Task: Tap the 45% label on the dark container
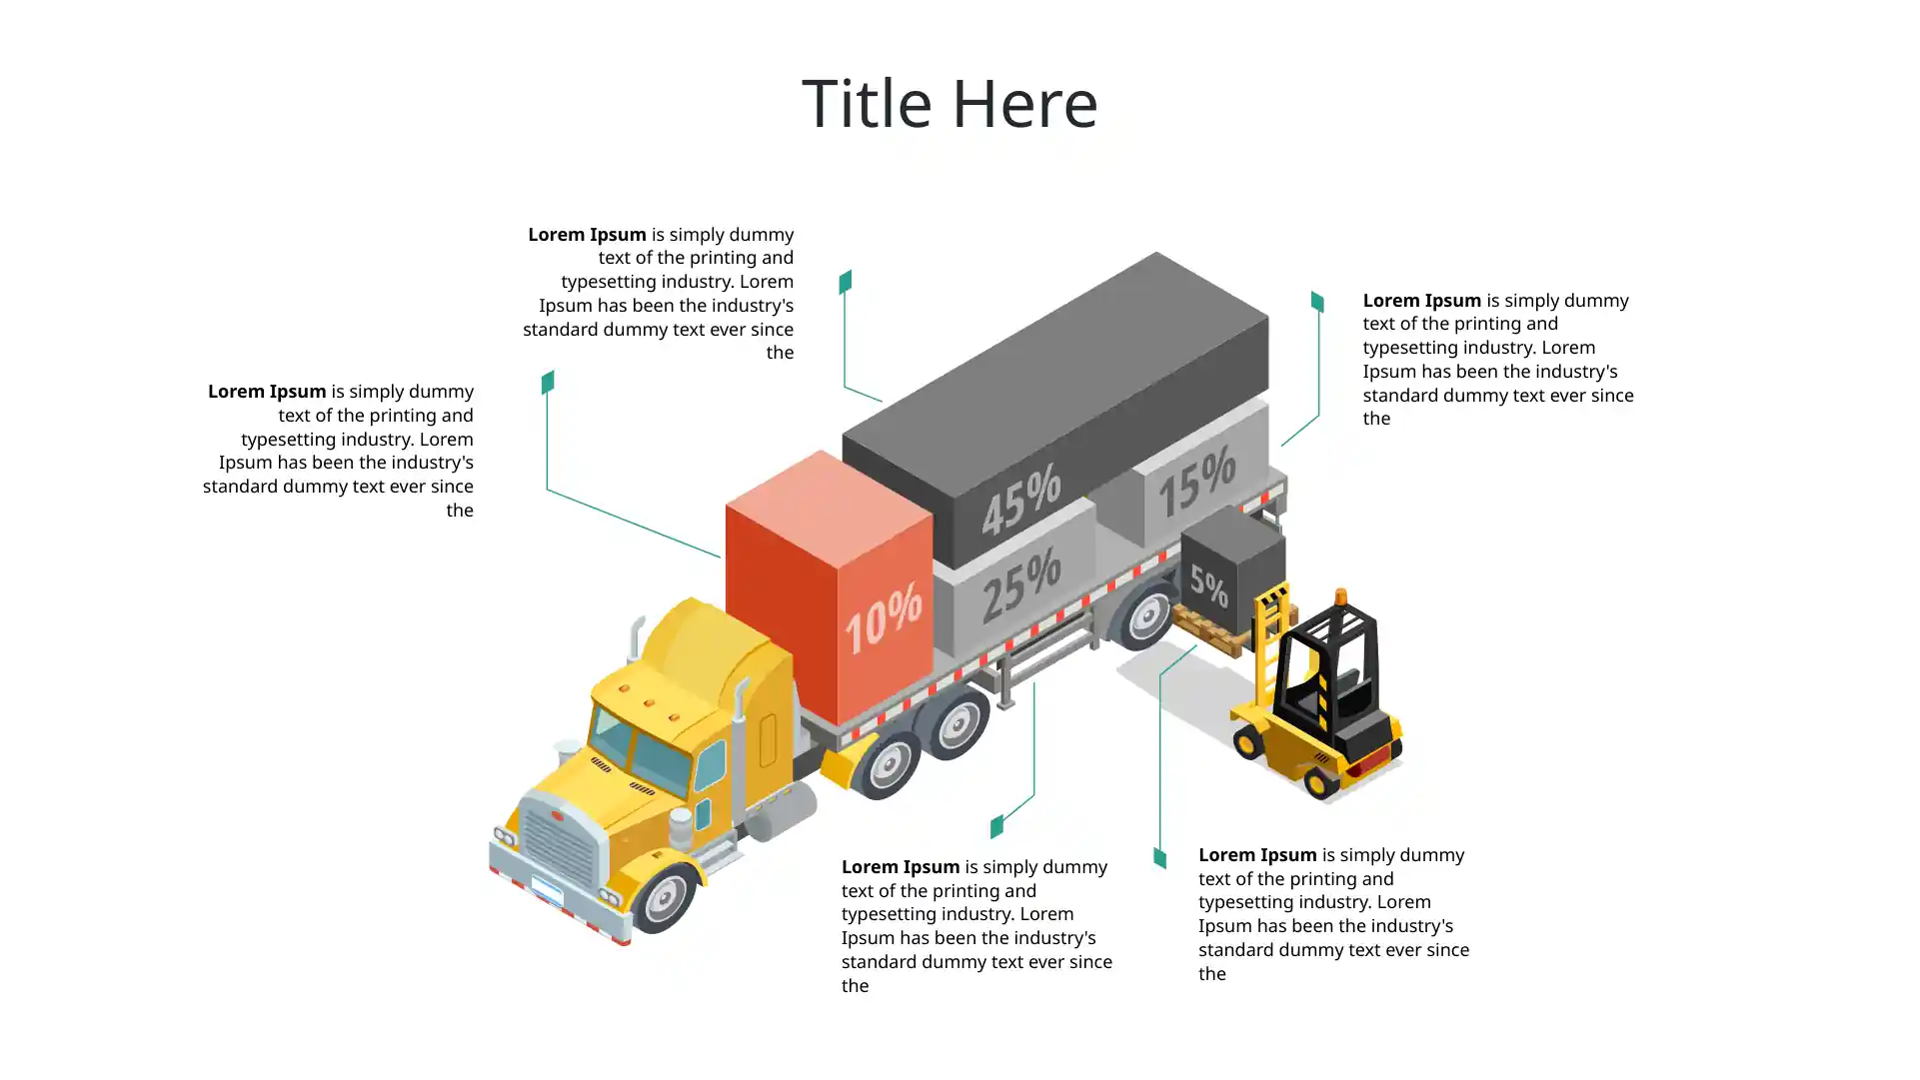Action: [1020, 502]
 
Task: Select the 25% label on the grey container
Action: [1020, 586]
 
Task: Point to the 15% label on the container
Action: [1196, 482]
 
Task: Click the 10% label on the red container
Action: [883, 619]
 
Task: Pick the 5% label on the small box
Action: [1208, 586]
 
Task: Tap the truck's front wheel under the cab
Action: [664, 898]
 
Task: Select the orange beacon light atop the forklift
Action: [1341, 598]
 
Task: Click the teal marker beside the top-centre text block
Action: [846, 282]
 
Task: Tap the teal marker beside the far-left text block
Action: [548, 383]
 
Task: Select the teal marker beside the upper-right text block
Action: [1317, 301]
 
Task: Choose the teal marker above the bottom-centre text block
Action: [996, 826]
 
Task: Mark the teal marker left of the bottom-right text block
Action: [1159, 857]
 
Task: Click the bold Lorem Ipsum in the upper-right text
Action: [1421, 301]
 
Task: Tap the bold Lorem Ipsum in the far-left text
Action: [267, 392]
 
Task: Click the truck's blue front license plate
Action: [547, 890]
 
